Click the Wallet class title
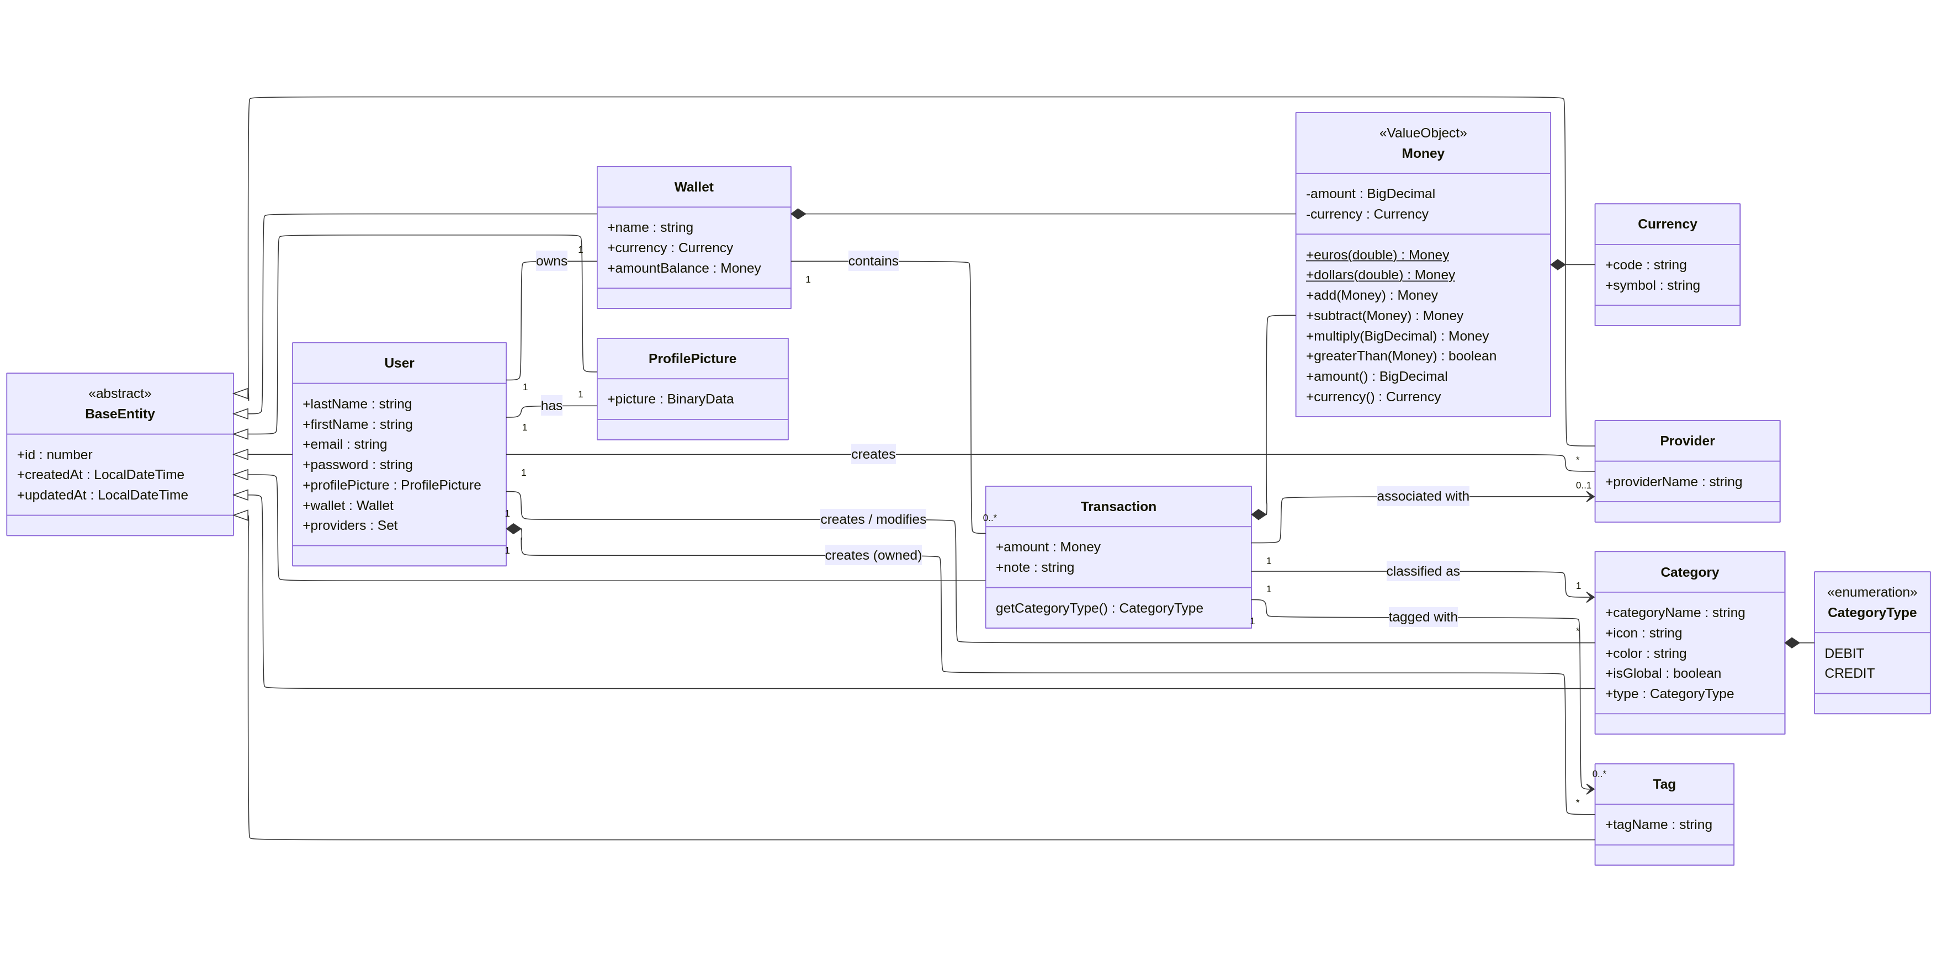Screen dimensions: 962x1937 pyautogui.click(x=693, y=187)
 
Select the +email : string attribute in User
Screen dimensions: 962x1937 pyautogui.click(x=344, y=444)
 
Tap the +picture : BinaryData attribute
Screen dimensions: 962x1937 pyautogui.click(x=670, y=399)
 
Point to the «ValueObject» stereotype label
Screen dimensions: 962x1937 pyautogui.click(x=1423, y=133)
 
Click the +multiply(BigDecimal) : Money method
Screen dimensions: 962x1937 pyautogui.click(x=1397, y=336)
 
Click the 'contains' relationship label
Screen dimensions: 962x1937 pyautogui.click(x=873, y=261)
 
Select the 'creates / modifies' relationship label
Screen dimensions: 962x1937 pyautogui.click(x=873, y=519)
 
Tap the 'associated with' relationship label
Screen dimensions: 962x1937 pyautogui.click(x=1423, y=496)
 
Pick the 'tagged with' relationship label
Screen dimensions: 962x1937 pyautogui.click(x=1423, y=617)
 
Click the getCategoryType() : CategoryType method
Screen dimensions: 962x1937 pyautogui.click(x=1098, y=608)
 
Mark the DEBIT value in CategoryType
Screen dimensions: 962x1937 pyautogui.click(x=1844, y=653)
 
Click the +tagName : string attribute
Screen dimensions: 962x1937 pyautogui.click(x=1658, y=825)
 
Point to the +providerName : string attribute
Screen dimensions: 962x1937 pyautogui.click(x=1673, y=482)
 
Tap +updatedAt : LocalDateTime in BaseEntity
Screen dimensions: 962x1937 pyautogui.click(x=102, y=495)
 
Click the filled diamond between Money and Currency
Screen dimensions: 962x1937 pyautogui.click(x=1558, y=264)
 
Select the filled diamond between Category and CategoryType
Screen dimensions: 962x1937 pyautogui.click(x=1792, y=642)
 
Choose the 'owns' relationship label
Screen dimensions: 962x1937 pyautogui.click(x=551, y=261)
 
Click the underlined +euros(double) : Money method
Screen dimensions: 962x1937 pyautogui.click(x=1377, y=255)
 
